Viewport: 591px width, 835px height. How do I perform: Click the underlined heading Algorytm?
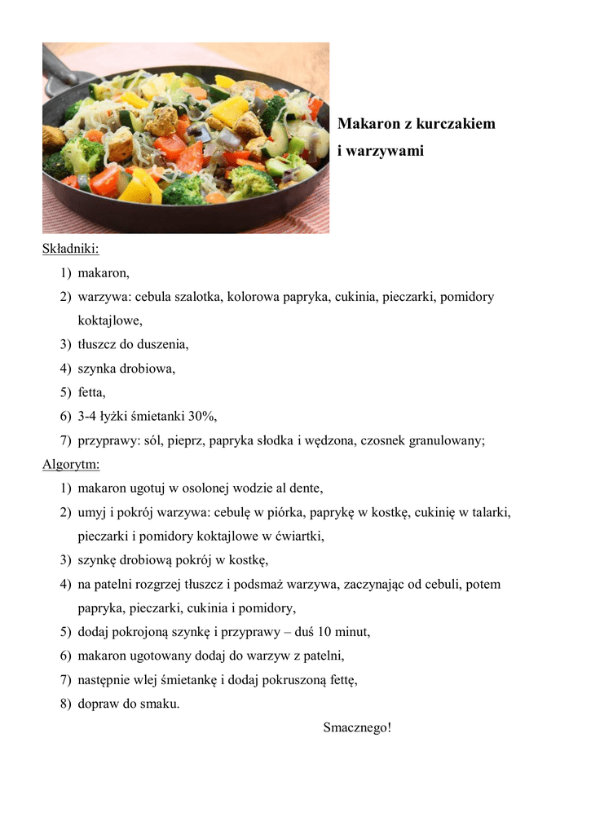pyautogui.click(x=71, y=465)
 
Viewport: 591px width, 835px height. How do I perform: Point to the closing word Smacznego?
pyautogui.click(x=357, y=727)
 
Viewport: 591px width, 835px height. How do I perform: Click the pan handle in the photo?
pyautogui.click(x=59, y=68)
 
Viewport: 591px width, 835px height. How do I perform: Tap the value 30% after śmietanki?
pyautogui.click(x=202, y=417)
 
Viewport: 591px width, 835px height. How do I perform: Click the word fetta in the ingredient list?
pyautogui.click(x=91, y=393)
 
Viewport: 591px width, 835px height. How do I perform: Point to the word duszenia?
pyautogui.click(x=162, y=345)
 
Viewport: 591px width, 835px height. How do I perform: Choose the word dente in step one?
pyautogui.click(x=306, y=488)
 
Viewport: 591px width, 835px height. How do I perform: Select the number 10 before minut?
pyautogui.click(x=324, y=632)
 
